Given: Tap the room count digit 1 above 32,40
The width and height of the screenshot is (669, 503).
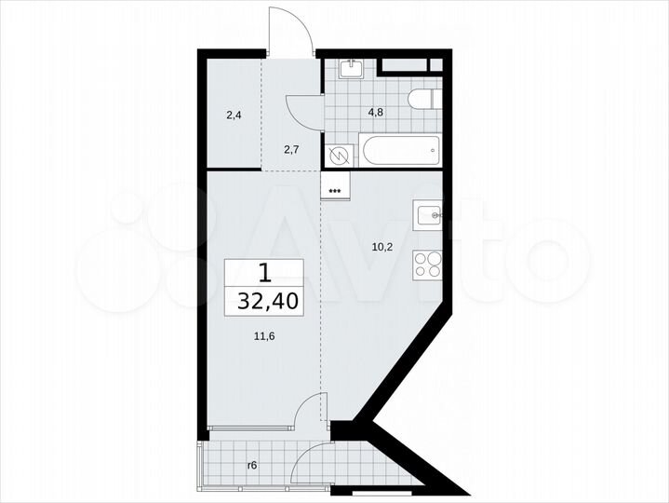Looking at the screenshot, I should [265, 273].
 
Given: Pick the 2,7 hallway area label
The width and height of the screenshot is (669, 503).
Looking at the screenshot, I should [292, 148].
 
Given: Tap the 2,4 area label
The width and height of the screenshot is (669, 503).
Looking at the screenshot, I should [234, 117].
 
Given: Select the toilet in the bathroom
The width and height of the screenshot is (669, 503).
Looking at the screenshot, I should [422, 99].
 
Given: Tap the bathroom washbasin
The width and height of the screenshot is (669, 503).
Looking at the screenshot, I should [352, 68].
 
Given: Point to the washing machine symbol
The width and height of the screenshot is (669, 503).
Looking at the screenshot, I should [338, 156].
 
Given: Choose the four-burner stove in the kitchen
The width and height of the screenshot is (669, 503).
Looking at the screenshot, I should [428, 265].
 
